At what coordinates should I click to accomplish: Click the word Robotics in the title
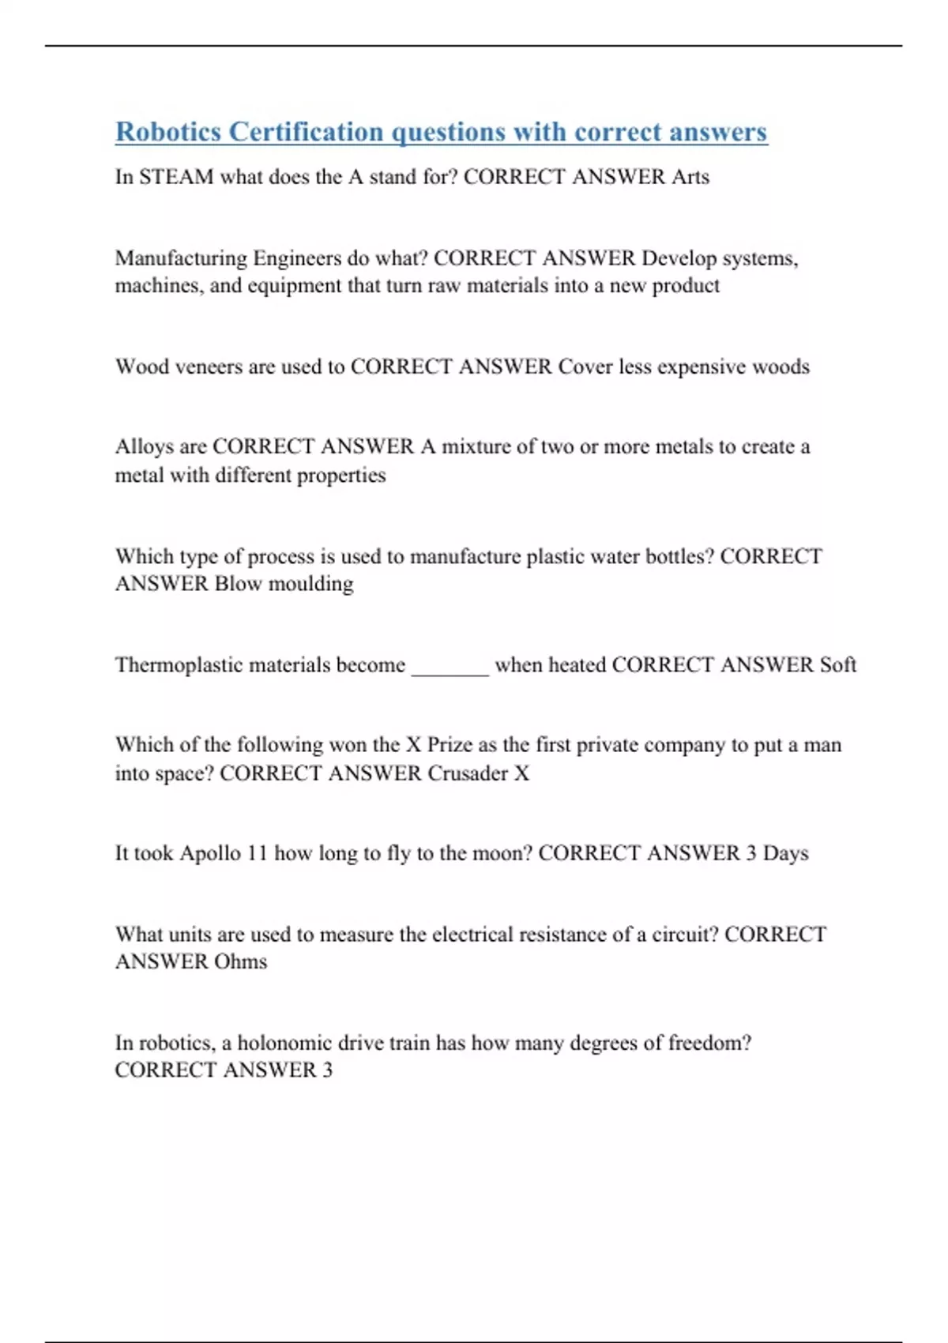(x=168, y=132)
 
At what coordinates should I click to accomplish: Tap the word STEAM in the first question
(x=176, y=177)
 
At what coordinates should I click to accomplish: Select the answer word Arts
(x=690, y=177)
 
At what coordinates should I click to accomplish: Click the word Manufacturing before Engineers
(x=181, y=258)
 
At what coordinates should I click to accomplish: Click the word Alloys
(x=144, y=447)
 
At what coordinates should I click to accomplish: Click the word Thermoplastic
(x=179, y=665)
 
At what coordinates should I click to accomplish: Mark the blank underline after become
(x=450, y=671)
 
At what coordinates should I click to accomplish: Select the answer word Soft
(x=838, y=665)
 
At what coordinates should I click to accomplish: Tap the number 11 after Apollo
(x=258, y=854)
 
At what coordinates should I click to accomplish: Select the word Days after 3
(x=785, y=854)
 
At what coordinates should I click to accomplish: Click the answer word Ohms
(x=241, y=962)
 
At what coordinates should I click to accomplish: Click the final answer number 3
(x=327, y=1070)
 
